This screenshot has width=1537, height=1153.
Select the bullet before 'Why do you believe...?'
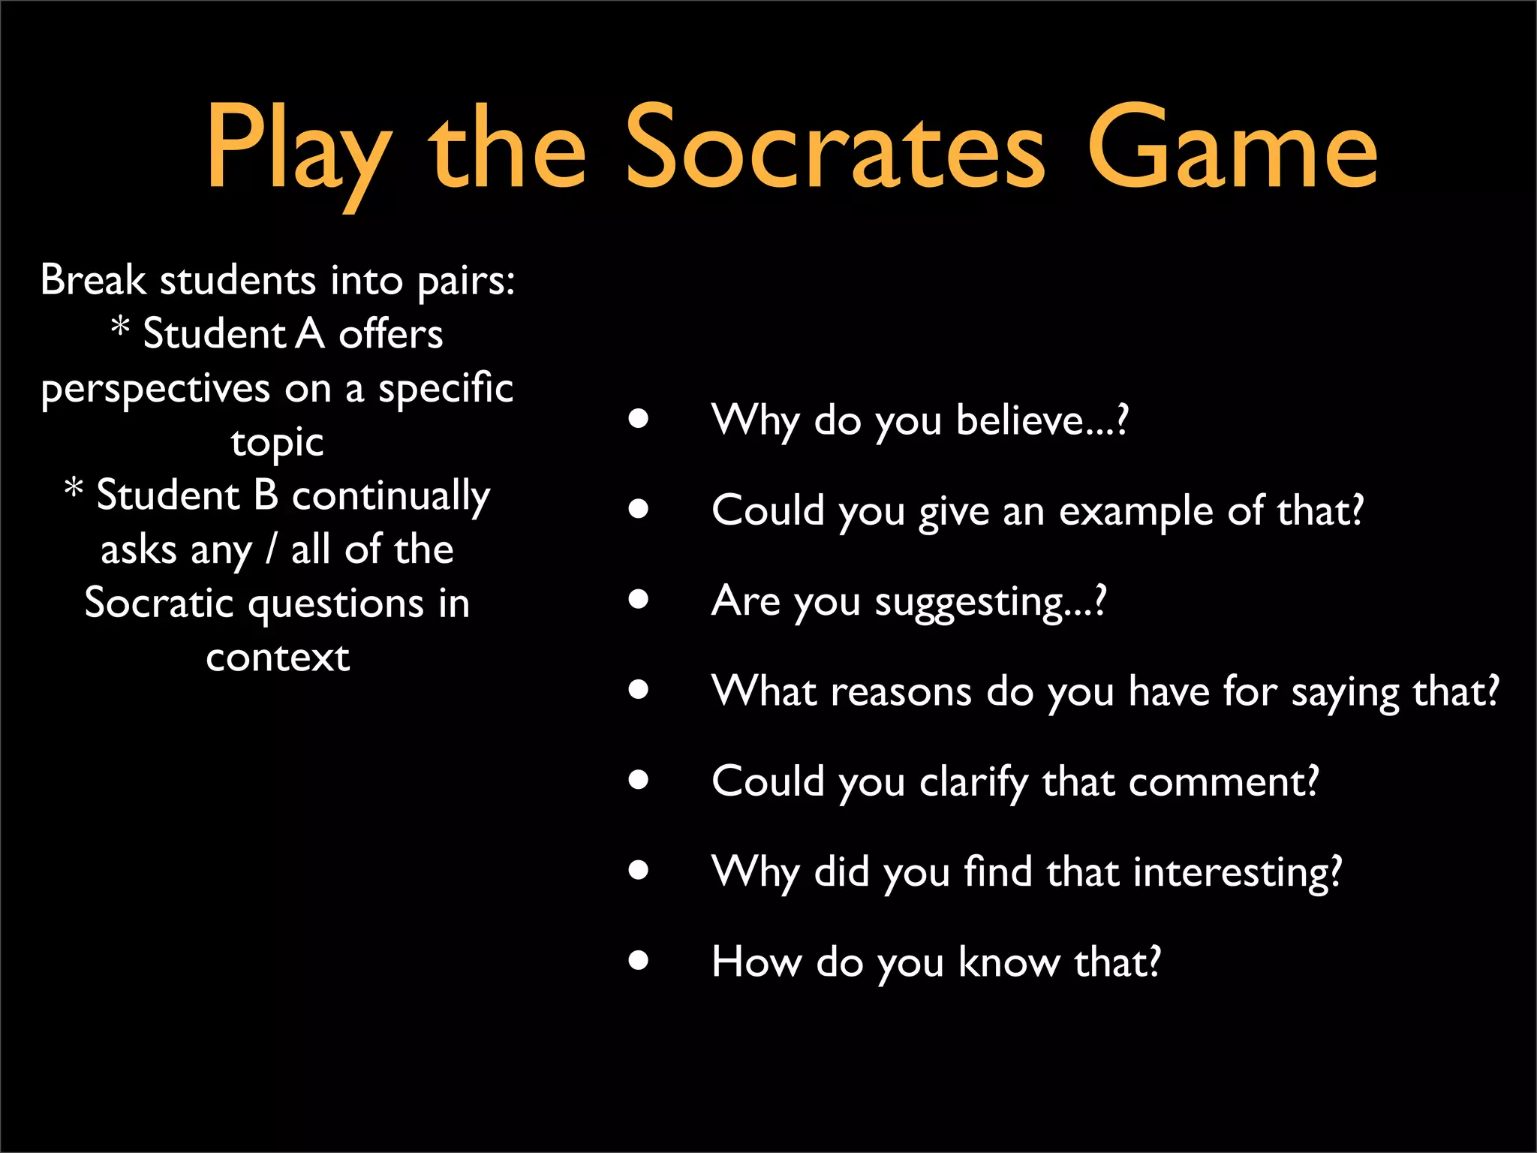point(639,419)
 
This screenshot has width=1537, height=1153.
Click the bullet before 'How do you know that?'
point(639,960)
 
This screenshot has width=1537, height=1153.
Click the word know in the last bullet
point(1008,962)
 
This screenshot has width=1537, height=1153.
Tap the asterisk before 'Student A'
point(120,327)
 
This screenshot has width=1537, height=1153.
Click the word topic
point(277,443)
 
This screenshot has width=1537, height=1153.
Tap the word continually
point(390,497)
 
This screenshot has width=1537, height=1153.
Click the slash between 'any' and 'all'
point(271,549)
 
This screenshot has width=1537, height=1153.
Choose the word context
point(278,658)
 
